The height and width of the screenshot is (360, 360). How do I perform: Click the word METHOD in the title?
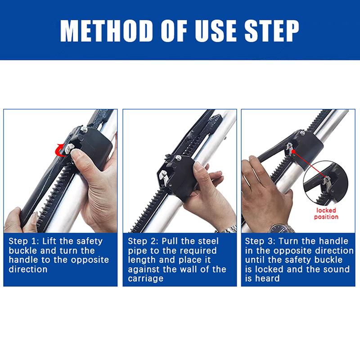(x=107, y=31)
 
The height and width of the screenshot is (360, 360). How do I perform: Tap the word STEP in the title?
(x=272, y=31)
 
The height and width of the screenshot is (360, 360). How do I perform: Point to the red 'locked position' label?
(x=326, y=213)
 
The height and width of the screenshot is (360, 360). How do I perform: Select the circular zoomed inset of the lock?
(x=325, y=183)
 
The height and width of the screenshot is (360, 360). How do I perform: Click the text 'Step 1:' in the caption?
(x=24, y=241)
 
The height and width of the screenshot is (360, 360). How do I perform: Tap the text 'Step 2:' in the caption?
(x=143, y=241)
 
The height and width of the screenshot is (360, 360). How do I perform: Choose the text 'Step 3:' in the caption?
(x=260, y=241)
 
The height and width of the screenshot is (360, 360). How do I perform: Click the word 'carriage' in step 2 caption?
(x=145, y=279)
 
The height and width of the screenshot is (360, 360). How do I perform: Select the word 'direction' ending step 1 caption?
(x=28, y=269)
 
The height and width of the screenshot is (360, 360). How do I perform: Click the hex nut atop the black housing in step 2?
(x=178, y=158)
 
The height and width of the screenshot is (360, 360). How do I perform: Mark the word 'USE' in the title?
(x=215, y=31)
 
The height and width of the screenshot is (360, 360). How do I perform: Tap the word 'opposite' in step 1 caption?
(x=90, y=260)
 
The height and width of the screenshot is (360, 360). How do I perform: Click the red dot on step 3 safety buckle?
(x=293, y=151)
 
